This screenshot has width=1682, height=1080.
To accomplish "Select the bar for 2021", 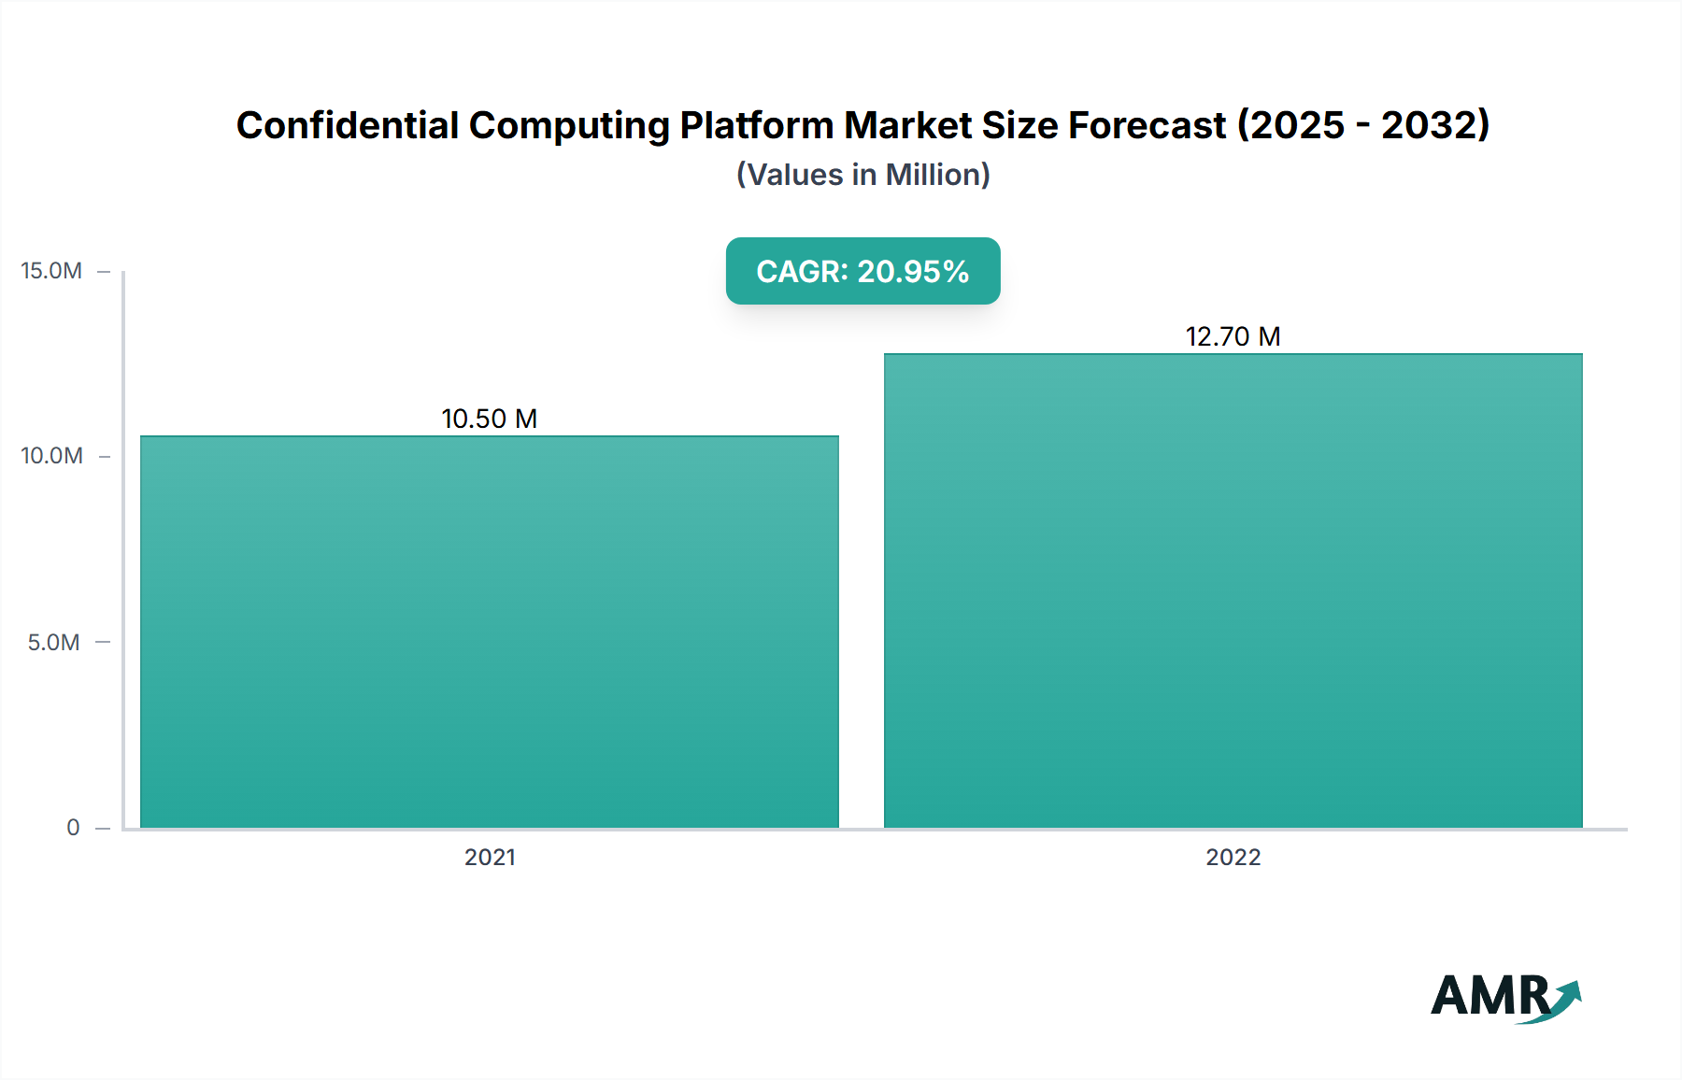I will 490,632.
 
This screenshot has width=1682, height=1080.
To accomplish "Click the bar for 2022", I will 1233,590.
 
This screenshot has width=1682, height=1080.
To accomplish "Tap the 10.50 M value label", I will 489,419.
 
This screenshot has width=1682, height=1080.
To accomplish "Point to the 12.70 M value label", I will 1233,336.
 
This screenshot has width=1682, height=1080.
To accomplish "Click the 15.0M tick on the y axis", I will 51,271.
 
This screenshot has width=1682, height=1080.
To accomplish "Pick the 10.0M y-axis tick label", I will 51,456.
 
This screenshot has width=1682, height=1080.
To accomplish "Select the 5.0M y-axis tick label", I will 53,642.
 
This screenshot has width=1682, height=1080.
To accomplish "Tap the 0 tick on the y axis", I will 73,827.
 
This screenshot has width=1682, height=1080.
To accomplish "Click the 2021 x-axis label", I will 490,857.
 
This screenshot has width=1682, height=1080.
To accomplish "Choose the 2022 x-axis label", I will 1233,857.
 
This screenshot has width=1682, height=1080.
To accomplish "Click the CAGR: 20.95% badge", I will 862,271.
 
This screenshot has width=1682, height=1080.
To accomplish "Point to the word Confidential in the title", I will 348,125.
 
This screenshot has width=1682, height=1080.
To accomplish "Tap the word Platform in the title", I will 756,125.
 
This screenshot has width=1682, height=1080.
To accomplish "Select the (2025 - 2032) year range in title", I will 1363,125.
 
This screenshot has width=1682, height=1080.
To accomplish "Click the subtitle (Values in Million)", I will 862,175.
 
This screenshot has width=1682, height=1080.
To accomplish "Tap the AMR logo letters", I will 1490,996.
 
